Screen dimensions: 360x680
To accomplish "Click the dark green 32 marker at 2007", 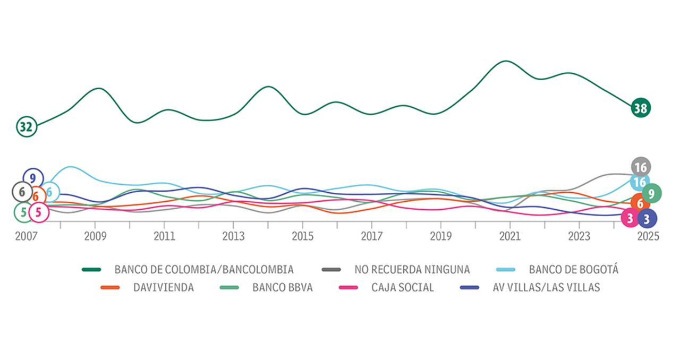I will [x=25, y=126].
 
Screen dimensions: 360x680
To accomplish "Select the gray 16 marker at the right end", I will [x=641, y=167].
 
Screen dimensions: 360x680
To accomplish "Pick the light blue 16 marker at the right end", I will [x=640, y=182].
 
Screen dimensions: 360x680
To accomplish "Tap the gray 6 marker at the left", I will [x=22, y=192].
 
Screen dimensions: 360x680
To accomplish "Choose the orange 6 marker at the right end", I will [x=640, y=203].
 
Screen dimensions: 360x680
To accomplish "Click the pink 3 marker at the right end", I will [x=630, y=218].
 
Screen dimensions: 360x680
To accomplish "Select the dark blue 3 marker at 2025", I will [x=647, y=218].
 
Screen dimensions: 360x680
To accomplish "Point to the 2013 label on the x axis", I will [x=233, y=236].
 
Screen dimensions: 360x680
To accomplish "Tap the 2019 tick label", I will [x=440, y=236].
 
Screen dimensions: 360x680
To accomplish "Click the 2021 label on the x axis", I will [x=510, y=236].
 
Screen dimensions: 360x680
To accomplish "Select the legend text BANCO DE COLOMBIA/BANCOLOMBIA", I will [x=204, y=270].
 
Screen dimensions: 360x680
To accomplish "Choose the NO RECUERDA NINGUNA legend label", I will [x=412, y=270].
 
